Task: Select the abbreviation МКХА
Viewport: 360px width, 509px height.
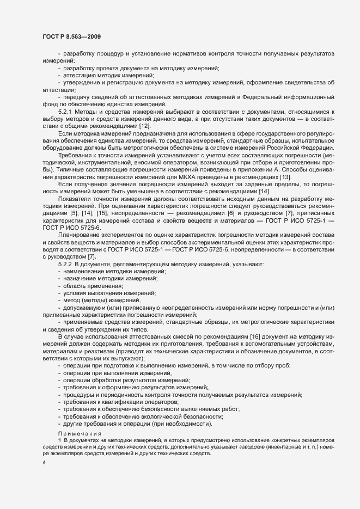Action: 188,177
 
